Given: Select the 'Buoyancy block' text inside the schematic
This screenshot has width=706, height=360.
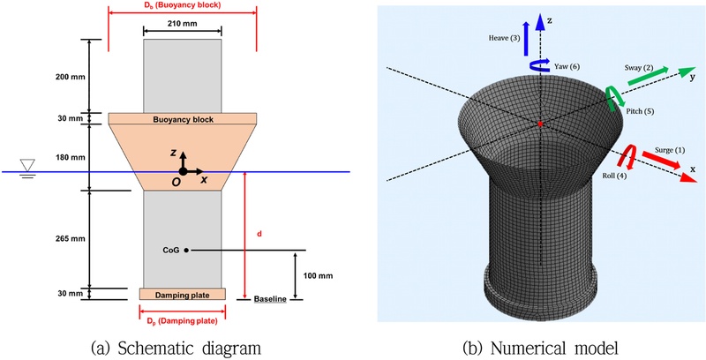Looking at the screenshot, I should tap(182, 118).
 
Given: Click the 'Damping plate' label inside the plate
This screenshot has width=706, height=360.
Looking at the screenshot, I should tap(182, 294).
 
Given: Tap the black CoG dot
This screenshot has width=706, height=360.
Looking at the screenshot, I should tap(186, 251).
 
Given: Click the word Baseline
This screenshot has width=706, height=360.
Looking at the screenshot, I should tap(270, 300).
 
